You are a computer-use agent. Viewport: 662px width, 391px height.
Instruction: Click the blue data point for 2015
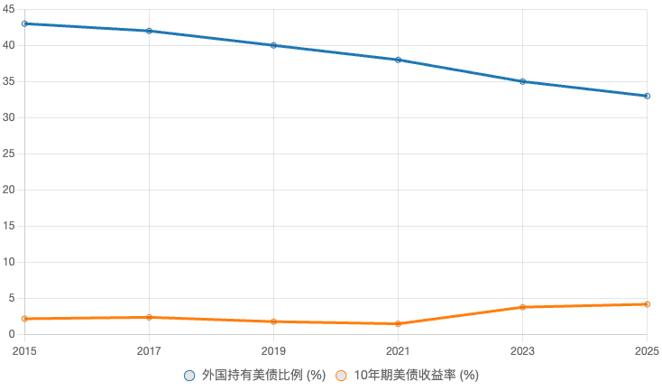click(x=24, y=23)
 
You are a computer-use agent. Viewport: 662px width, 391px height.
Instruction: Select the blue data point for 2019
click(x=273, y=45)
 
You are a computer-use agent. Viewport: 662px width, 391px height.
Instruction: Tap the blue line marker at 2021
click(x=398, y=60)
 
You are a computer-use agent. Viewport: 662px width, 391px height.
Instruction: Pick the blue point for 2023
click(x=522, y=81)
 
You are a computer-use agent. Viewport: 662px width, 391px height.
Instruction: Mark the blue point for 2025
click(x=647, y=96)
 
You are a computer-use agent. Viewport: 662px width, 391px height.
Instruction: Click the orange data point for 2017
click(x=149, y=317)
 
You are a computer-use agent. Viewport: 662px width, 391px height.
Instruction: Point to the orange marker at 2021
click(x=398, y=323)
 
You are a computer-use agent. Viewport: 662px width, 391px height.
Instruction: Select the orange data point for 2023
click(x=522, y=307)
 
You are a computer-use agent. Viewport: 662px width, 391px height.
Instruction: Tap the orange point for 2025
click(x=647, y=304)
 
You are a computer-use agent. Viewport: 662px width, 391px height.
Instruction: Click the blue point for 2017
click(x=149, y=31)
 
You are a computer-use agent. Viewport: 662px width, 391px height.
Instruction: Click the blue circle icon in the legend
click(x=189, y=375)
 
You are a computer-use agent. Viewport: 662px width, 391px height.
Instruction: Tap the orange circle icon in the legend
click(x=341, y=375)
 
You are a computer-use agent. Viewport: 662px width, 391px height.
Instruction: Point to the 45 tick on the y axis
click(x=10, y=9)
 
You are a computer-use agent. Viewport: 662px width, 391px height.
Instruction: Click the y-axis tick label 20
click(x=10, y=190)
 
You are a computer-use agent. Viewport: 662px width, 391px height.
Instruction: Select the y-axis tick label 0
click(x=13, y=334)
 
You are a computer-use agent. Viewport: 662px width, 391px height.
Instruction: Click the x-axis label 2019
click(x=273, y=350)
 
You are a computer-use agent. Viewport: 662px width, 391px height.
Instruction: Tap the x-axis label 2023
click(x=522, y=350)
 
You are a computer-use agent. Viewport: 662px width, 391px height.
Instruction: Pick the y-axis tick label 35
click(x=10, y=81)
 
